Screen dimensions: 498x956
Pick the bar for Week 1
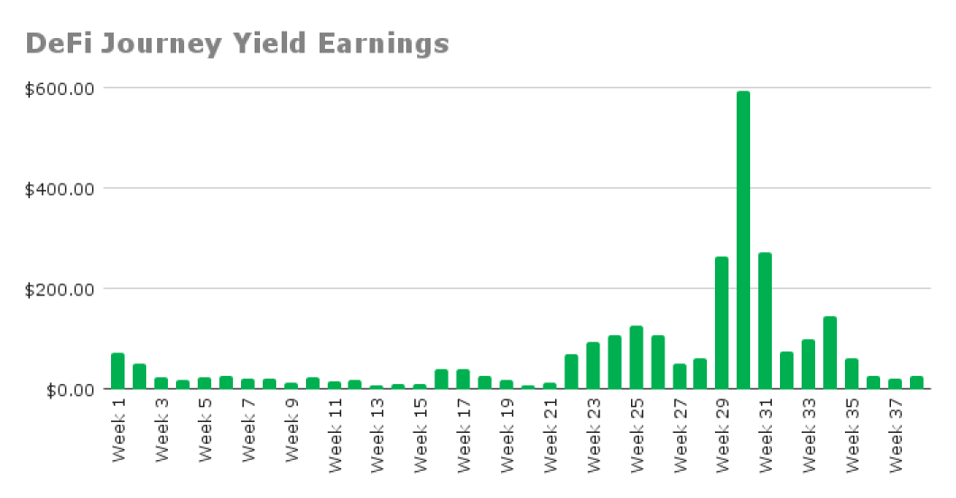(117, 371)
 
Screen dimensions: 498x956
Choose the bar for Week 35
(851, 373)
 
